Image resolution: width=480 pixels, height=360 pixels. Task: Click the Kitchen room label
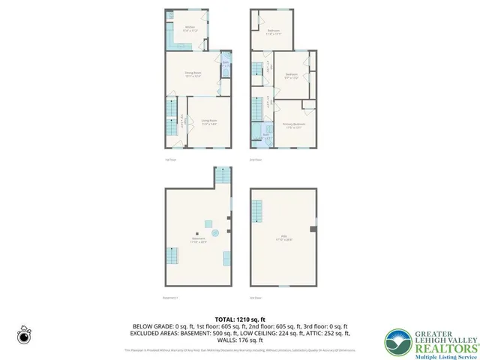(190, 30)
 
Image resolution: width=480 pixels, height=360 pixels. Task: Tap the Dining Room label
(193, 73)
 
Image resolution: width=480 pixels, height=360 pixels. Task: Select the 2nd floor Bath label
(265, 136)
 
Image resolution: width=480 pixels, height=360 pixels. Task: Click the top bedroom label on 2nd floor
(272, 32)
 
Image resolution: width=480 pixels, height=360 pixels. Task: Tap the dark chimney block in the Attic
(313, 227)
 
